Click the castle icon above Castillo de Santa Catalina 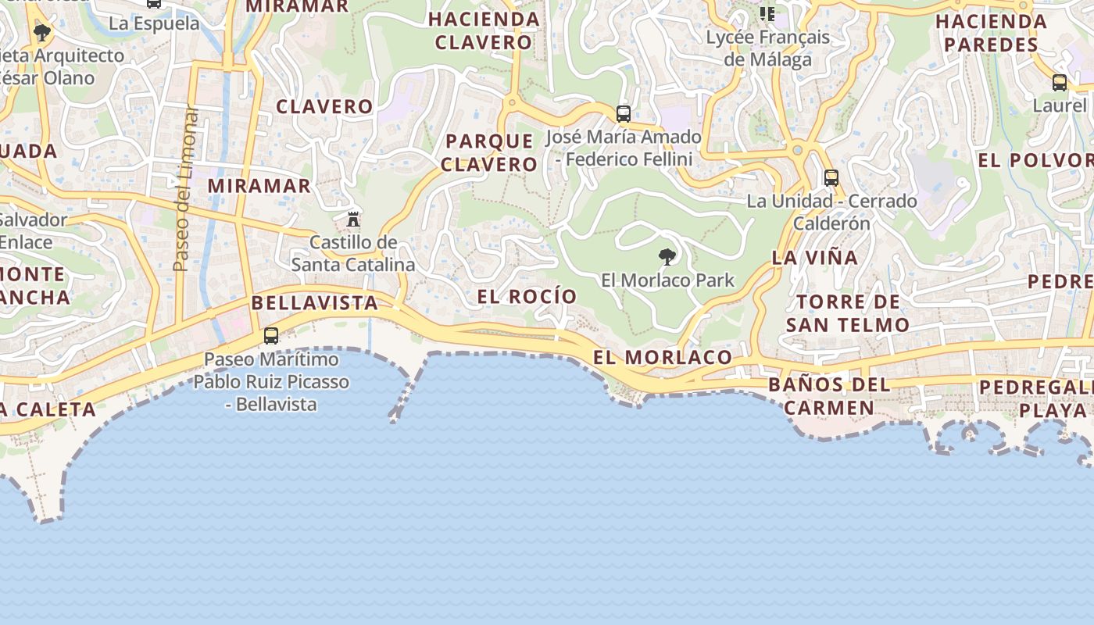tap(353, 218)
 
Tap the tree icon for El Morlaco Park tap(667, 256)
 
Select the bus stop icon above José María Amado tap(623, 114)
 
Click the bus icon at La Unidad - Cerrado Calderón tap(831, 178)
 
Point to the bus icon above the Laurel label tap(1059, 83)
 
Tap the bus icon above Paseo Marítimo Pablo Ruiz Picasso tap(271, 336)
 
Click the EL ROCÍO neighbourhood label tap(527, 297)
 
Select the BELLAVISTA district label tap(315, 303)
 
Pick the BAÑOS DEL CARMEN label tap(829, 396)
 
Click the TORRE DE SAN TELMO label tap(848, 312)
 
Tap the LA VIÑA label tap(815, 257)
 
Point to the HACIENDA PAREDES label tap(992, 33)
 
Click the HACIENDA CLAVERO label tap(484, 30)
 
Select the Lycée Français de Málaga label tap(767, 48)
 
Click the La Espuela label tap(154, 23)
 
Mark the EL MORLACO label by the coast tap(663, 358)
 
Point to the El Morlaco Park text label tap(667, 280)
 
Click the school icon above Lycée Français tap(767, 13)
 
